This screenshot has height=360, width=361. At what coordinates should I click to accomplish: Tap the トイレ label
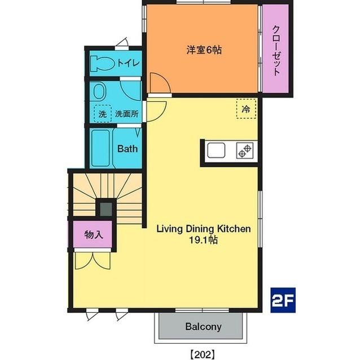[129, 63]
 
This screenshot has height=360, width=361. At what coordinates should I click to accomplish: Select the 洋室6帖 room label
[204, 50]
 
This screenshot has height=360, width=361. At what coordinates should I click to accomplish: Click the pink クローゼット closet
[276, 48]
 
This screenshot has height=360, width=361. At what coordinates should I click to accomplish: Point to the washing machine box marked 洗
[103, 114]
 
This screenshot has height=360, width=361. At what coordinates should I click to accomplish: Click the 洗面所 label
[127, 114]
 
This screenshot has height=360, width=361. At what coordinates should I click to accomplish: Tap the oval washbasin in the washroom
[100, 91]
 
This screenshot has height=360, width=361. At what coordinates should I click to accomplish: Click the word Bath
[127, 149]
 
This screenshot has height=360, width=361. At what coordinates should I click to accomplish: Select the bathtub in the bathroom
[100, 148]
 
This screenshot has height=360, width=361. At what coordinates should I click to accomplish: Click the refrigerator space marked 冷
[246, 109]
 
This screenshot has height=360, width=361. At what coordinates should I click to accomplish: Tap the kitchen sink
[216, 150]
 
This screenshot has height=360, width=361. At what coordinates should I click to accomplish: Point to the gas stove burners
[245, 150]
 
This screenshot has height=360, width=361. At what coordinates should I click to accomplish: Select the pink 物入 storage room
[93, 234]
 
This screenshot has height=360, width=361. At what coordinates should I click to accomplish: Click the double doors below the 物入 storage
[93, 261]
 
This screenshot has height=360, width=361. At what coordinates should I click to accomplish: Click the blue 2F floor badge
[283, 300]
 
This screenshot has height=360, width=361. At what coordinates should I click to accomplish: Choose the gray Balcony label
[204, 326]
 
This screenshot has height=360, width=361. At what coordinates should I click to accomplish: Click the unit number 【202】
[203, 354]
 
